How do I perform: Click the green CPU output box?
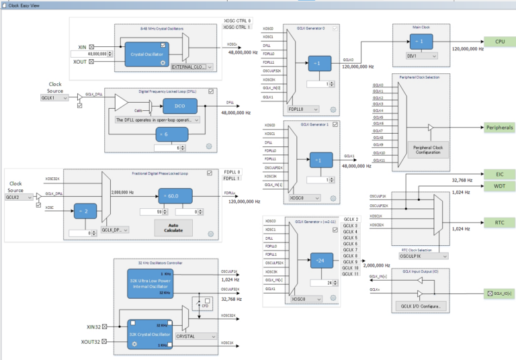[499, 42]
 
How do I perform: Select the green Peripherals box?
[499, 127]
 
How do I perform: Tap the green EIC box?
[499, 174]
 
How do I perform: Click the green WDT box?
[499, 185]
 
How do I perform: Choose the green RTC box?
[499, 222]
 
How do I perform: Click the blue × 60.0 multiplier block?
[173, 195]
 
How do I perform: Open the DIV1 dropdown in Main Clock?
[422, 56]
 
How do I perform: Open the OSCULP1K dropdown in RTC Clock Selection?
[423, 256]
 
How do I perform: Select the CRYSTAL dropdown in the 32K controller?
[194, 336]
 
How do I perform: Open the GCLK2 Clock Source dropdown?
[19, 198]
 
